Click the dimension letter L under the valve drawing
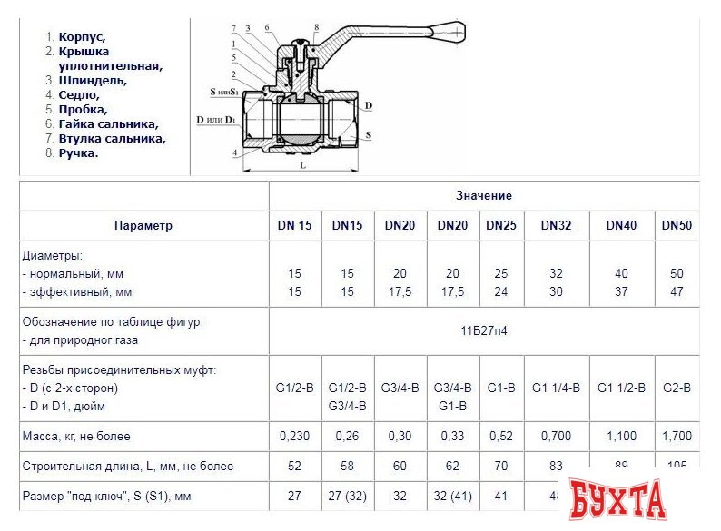(301, 167)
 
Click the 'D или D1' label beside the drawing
(216, 120)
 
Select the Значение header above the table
(483, 195)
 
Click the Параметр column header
(143, 225)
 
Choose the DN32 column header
(556, 225)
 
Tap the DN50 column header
(677, 225)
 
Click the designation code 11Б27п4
(483, 330)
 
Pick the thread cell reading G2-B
(677, 388)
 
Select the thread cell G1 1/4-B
(556, 388)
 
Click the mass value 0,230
(294, 436)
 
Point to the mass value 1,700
(677, 436)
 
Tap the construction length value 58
(346, 466)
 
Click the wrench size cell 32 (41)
(451, 497)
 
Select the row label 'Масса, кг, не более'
(77, 436)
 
